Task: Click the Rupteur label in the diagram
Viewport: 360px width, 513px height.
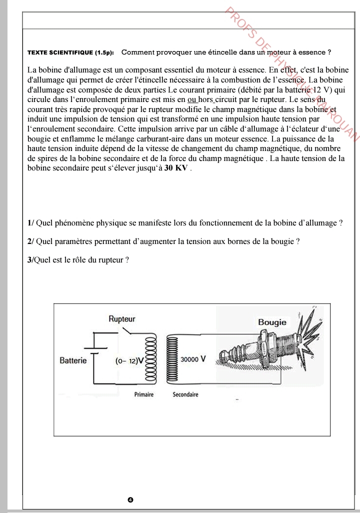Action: pos(122,319)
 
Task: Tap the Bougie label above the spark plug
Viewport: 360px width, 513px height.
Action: pos(272,322)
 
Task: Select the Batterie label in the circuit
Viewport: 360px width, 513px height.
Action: pos(73,360)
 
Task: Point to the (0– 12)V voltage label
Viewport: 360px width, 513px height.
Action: pos(129,360)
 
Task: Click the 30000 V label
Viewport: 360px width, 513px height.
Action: pos(193,359)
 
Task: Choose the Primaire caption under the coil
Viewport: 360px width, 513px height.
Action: pos(144,394)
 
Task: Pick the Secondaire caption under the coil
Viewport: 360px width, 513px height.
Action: pos(185,394)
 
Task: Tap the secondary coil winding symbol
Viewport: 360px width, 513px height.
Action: pos(172,358)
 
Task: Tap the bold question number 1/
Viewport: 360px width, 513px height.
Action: pos(30,223)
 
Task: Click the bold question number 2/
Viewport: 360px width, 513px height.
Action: pos(30,242)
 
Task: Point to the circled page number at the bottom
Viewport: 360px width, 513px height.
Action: pos(130,499)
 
